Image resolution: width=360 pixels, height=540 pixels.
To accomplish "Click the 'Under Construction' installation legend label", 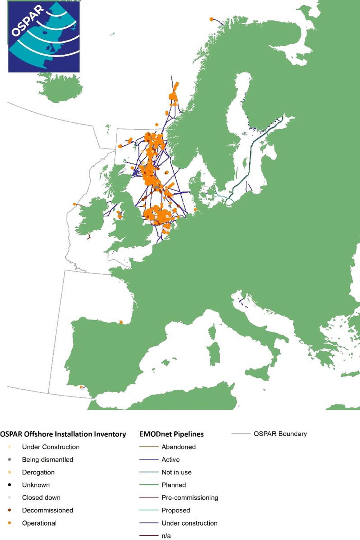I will [51, 447].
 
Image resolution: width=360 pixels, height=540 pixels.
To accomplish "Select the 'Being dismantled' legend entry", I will [47, 459].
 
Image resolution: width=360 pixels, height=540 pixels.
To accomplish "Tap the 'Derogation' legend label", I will [38, 472].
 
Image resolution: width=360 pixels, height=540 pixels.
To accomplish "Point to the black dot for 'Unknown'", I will [10, 485].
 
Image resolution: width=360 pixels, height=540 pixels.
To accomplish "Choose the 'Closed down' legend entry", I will [41, 497].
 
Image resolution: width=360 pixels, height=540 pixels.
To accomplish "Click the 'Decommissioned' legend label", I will [47, 510].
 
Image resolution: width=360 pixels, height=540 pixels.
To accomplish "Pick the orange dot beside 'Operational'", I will [10, 523].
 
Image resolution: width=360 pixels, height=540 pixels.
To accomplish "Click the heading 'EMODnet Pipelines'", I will [171, 434].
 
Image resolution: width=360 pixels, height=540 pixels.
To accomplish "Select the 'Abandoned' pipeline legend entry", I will [178, 447].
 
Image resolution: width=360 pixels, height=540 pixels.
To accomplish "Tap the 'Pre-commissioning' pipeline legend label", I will [190, 497].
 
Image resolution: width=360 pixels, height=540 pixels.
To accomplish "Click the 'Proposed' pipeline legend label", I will [176, 510].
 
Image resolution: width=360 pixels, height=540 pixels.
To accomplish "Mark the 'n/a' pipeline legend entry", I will [166, 536].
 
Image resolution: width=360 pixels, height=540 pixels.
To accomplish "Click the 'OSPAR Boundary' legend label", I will [280, 434].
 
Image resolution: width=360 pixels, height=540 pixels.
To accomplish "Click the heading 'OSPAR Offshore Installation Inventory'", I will [63, 434].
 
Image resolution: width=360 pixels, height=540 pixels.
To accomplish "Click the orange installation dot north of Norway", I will [211, 19].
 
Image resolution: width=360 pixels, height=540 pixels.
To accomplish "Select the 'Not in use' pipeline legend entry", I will [176, 472].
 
